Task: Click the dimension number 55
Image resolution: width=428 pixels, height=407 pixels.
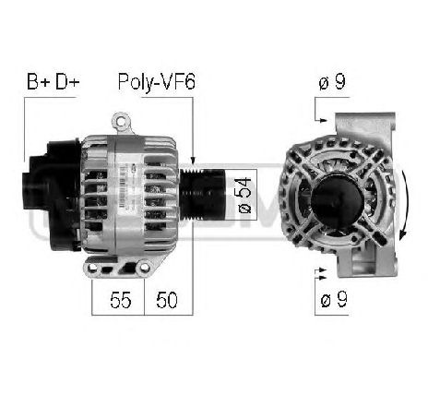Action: (118, 301)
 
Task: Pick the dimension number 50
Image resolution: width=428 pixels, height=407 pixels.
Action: (167, 301)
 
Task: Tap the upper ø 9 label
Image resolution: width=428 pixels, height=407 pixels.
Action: (333, 84)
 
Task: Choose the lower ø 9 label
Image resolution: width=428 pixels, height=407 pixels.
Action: (333, 299)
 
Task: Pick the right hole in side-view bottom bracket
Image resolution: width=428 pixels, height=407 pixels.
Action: (143, 268)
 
